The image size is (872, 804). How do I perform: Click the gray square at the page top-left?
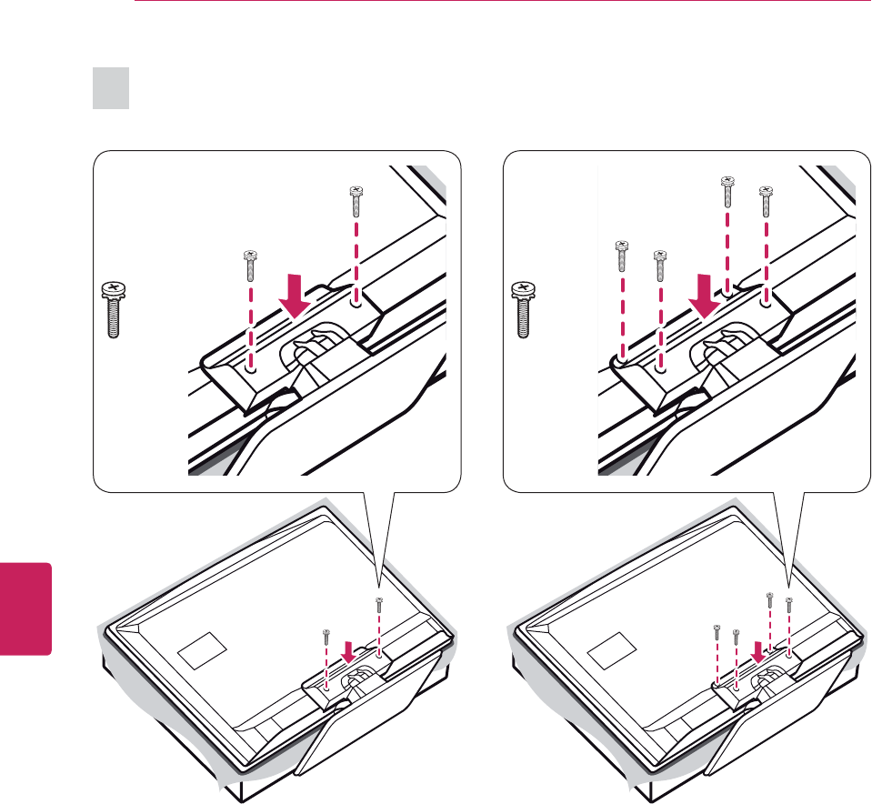click(111, 90)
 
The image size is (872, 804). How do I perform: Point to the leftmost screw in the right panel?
click(623, 255)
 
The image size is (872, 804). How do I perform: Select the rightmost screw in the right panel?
click(767, 201)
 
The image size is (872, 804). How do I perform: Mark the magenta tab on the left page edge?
click(25, 608)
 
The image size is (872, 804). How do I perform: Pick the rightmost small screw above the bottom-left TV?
click(378, 604)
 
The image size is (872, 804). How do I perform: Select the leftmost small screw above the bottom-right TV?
click(717, 629)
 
